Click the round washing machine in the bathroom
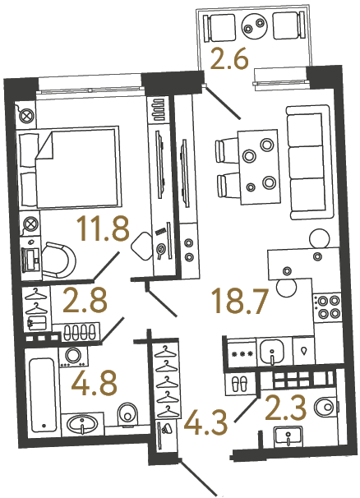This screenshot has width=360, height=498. pos(74,356)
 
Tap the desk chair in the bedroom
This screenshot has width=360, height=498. pos(58,256)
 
